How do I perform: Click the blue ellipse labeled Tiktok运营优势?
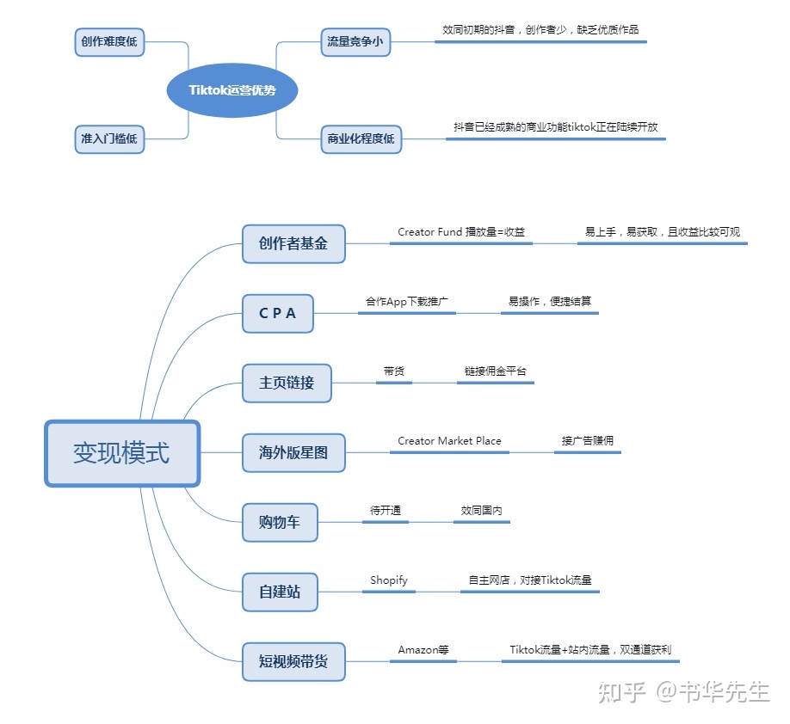pos(231,90)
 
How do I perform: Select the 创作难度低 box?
pos(109,42)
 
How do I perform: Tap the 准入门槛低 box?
pos(109,139)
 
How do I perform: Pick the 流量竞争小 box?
pos(355,41)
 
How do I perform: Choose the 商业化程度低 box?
pos(361,139)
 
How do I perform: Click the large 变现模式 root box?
pos(121,453)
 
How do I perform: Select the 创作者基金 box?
pos(293,243)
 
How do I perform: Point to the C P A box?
pos(278,314)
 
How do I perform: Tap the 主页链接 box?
pos(287,383)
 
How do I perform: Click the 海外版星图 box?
pos(293,452)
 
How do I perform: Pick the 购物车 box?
pos(280,522)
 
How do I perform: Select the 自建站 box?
pos(280,592)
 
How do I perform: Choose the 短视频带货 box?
pos(293,662)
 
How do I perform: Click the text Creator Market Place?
pos(449,441)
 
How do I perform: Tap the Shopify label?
pos(389,580)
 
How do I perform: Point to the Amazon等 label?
pos(423,650)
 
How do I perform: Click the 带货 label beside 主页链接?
pos(394,371)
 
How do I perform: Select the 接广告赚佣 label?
pos(588,441)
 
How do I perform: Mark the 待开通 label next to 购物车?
pos(386,511)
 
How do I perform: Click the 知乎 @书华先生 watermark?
pos(683,692)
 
